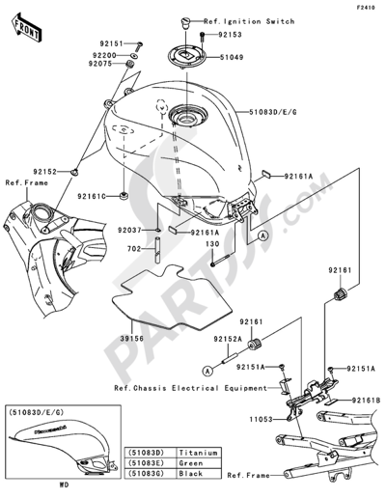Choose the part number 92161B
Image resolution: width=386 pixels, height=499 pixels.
(x=365, y=399)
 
